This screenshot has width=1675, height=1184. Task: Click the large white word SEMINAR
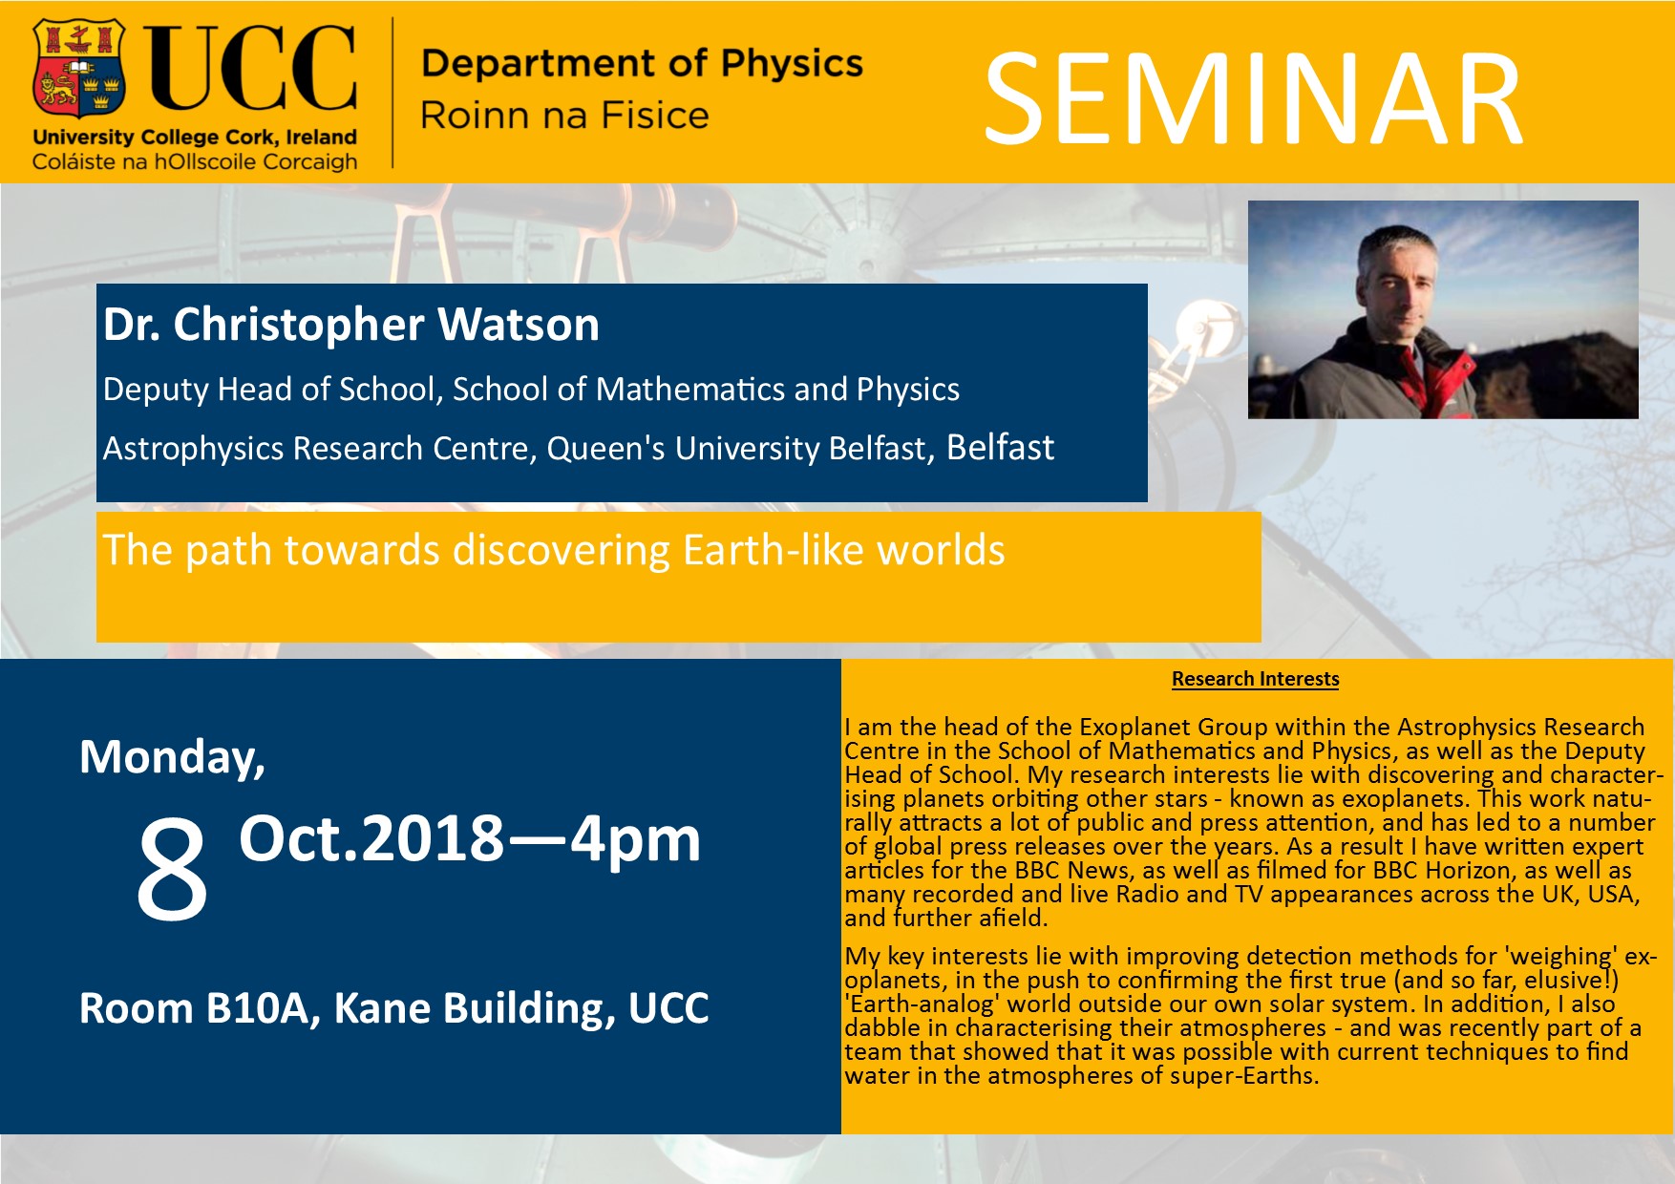click(1253, 100)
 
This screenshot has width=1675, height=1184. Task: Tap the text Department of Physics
click(642, 63)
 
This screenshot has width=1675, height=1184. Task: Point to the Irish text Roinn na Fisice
click(564, 116)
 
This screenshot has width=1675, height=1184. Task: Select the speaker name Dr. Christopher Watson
click(351, 325)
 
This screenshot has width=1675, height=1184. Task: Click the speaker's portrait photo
click(1443, 309)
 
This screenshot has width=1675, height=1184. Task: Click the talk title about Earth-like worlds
click(554, 550)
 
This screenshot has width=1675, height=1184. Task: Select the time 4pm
click(636, 840)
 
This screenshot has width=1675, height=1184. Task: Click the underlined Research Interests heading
click(1256, 679)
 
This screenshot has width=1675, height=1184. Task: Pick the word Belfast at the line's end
click(1000, 447)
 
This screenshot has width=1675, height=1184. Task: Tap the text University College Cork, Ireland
click(195, 137)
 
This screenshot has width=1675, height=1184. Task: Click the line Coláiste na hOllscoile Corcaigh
click(195, 161)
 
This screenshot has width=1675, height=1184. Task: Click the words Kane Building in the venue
click(474, 1009)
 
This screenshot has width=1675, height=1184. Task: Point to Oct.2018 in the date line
click(371, 838)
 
